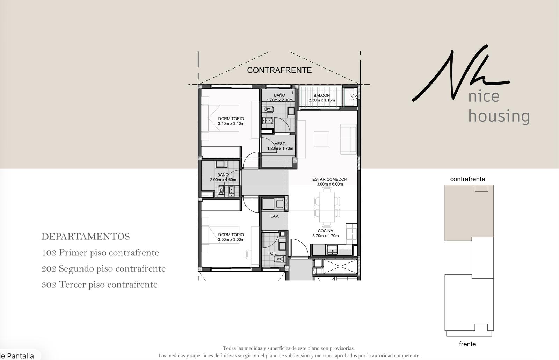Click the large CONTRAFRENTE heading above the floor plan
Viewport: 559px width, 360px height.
pos(279,70)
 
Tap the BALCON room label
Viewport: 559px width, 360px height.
pos(322,95)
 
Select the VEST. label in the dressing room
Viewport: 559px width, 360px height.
pos(280,144)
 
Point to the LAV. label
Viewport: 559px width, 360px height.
pos(275,216)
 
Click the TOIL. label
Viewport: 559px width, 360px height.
pos(272,253)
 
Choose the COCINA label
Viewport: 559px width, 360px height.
pos(325,231)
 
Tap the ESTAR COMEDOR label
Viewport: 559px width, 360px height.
pos(330,179)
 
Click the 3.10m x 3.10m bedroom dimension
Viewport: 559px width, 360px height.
pos(231,124)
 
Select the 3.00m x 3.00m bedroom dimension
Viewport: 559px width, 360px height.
pos(231,240)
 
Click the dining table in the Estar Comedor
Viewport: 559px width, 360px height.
pos(327,207)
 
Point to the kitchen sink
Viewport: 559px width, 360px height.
pos(332,250)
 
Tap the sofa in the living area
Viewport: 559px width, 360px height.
pos(349,139)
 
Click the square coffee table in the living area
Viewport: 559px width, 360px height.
pos(321,139)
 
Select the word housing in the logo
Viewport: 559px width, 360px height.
pos(499,116)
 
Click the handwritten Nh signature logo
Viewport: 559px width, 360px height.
pos(461,73)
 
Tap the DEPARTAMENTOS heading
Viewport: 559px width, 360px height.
pos(86,237)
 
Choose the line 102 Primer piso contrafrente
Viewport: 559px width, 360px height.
pos(100,253)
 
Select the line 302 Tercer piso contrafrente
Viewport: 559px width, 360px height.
pos(100,285)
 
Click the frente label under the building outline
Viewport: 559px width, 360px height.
pos(467,344)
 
